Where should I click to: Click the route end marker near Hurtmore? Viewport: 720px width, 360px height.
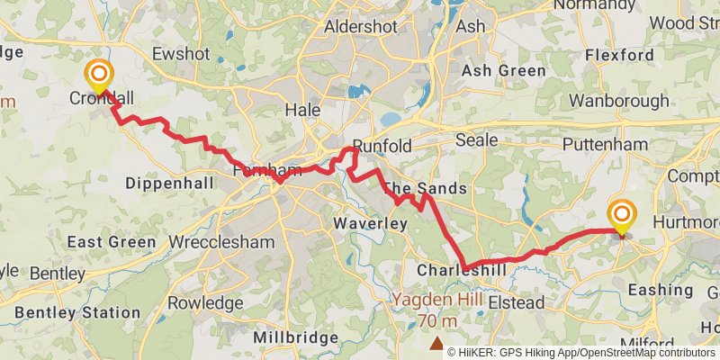[x=621, y=215]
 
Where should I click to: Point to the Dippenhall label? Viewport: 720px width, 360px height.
[x=169, y=183]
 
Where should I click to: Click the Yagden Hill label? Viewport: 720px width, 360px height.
[x=436, y=300]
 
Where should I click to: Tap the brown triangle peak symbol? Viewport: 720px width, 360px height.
[x=436, y=343]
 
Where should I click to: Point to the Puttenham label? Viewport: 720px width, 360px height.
[x=604, y=144]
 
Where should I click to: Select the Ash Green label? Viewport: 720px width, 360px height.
[x=503, y=70]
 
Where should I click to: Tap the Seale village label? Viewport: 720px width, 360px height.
[x=476, y=140]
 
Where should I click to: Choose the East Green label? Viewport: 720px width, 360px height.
[x=112, y=242]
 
